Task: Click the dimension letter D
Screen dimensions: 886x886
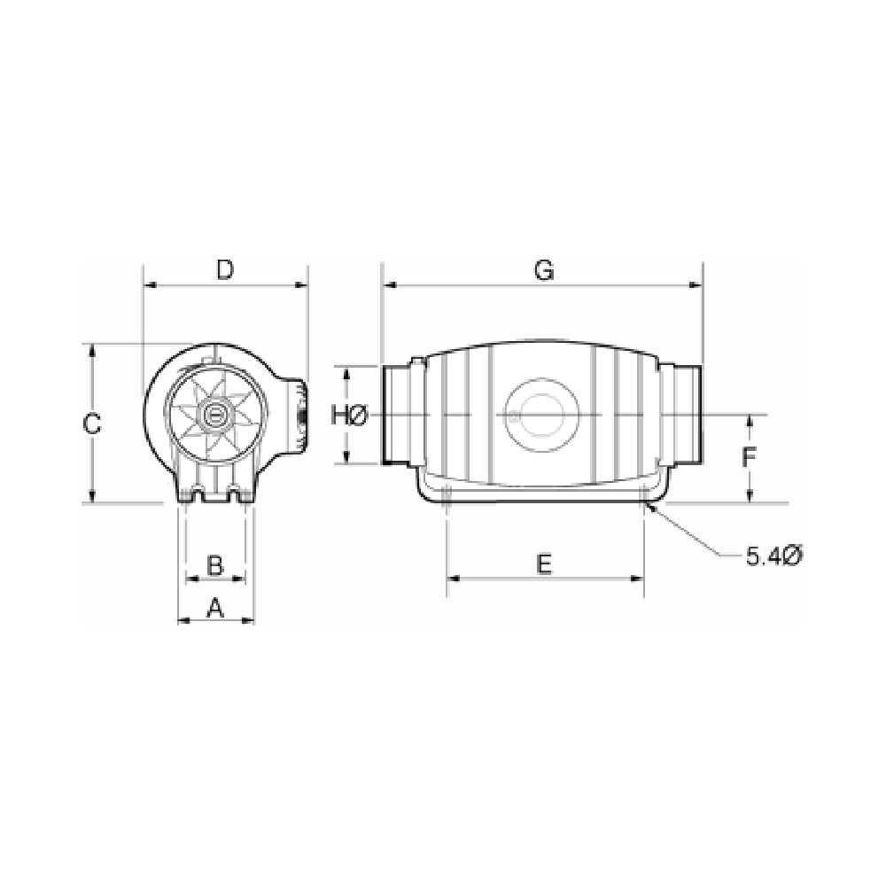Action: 225,269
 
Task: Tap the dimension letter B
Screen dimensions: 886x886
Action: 214,563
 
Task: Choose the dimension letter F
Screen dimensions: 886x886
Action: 750,458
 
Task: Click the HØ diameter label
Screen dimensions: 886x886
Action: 347,415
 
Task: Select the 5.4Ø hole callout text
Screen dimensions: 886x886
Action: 773,556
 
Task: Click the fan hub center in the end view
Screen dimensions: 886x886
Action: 213,414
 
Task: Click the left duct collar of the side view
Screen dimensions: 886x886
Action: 400,414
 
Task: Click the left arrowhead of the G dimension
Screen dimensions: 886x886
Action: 385,285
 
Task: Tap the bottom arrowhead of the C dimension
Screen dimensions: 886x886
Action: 92,498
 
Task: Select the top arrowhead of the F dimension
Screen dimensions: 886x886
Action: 750,419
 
